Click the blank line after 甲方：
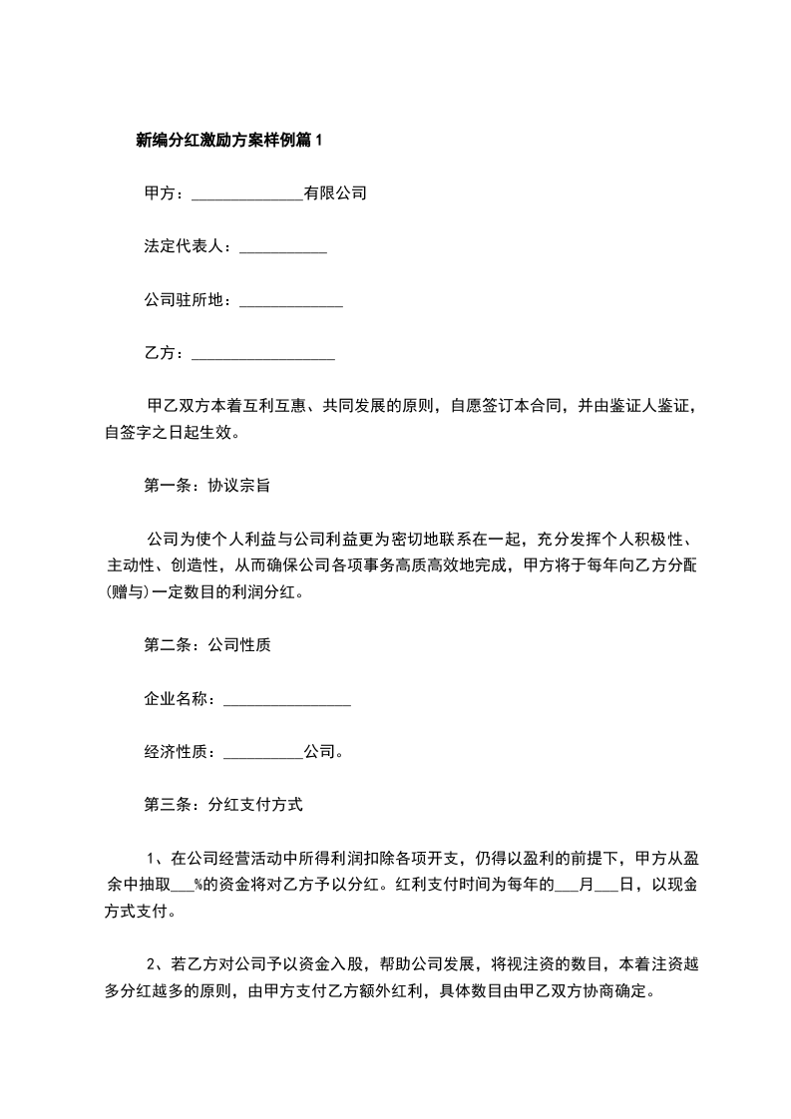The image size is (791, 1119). click(x=246, y=194)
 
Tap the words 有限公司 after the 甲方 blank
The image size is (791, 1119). click(x=336, y=193)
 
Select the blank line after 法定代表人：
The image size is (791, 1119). click(x=283, y=247)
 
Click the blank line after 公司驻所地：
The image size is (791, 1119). click(x=291, y=301)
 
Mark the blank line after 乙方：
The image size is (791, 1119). click(x=262, y=354)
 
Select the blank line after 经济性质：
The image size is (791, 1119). click(x=263, y=753)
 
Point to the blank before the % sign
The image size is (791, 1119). click(x=183, y=885)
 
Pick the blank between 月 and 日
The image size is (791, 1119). click(x=606, y=885)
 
